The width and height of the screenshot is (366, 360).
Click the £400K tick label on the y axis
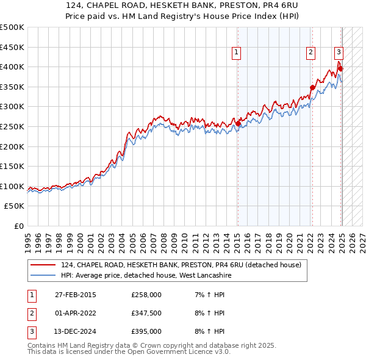coord(12,67)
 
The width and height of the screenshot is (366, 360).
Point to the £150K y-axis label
coord(12,166)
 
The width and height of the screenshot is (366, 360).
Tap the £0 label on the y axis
coord(18,226)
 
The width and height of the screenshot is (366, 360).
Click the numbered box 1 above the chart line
coord(236,52)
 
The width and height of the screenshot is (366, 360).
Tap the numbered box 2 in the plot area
coord(311,52)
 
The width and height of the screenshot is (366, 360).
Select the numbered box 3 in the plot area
coord(339,52)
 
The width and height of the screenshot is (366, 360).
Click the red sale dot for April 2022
coord(312,87)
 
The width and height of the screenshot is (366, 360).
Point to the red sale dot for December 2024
coord(340,68)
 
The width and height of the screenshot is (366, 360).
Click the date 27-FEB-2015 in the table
coord(76,295)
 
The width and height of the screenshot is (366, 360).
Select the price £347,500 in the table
coord(146,313)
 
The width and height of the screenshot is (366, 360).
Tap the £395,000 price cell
coord(146,331)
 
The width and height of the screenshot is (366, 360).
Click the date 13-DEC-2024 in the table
coord(76,331)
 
